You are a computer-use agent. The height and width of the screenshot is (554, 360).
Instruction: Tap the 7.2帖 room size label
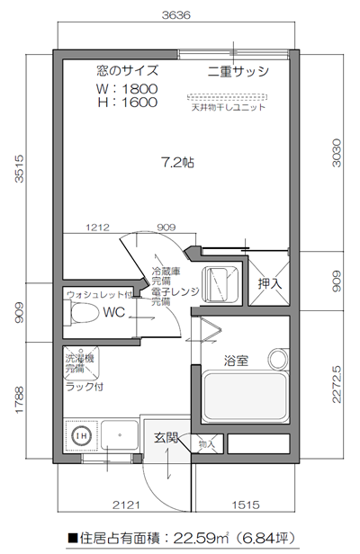177,163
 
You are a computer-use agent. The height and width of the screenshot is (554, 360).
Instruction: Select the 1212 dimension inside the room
99,228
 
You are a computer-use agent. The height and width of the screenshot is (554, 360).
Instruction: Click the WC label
112,313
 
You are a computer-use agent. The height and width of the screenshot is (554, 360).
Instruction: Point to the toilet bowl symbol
83,314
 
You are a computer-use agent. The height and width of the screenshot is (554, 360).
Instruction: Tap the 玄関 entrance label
166,439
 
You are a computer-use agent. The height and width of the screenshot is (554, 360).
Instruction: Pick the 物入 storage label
207,443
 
